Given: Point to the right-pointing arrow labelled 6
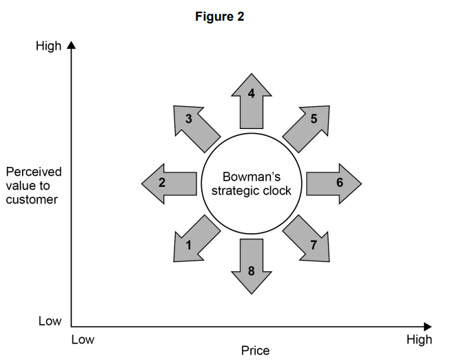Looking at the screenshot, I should point(334,183).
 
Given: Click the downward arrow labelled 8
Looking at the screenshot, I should point(251,266).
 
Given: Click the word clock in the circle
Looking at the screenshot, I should point(277,190).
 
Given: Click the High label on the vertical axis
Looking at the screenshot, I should point(48,47).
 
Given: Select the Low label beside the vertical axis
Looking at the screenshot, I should point(49,321).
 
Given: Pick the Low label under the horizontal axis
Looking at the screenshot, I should point(83,339).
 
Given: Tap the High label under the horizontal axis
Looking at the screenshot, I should point(419,339).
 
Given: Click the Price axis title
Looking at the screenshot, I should point(255,351).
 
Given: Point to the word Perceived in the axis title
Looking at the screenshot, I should point(33,171).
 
